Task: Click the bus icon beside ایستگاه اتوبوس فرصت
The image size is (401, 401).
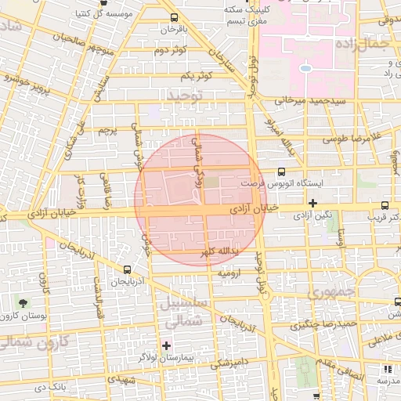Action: tap(281, 172)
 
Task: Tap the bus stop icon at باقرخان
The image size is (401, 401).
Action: tap(173, 17)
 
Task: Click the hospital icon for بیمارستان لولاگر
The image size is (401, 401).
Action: tap(166, 345)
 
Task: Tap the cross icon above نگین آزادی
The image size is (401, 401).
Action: tap(312, 202)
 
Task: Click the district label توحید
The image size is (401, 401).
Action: tap(185, 95)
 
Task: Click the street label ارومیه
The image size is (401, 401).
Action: tap(232, 274)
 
